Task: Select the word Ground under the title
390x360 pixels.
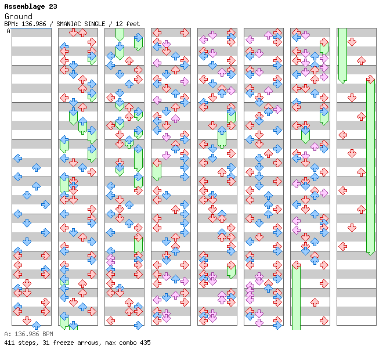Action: (x=18, y=16)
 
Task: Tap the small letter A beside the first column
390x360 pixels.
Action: (x=8, y=31)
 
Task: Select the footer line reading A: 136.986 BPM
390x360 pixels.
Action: (x=28, y=334)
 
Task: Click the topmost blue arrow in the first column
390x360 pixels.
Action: (x=17, y=158)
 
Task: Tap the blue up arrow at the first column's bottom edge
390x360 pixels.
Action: (x=36, y=325)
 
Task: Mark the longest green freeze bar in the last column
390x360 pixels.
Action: (x=370, y=168)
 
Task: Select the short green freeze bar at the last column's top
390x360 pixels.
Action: (x=342, y=55)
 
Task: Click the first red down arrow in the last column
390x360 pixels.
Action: (x=352, y=42)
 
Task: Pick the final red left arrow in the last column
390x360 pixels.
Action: (x=343, y=246)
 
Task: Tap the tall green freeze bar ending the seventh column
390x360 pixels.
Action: (x=296, y=296)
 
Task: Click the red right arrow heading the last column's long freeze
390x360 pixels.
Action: (x=370, y=79)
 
